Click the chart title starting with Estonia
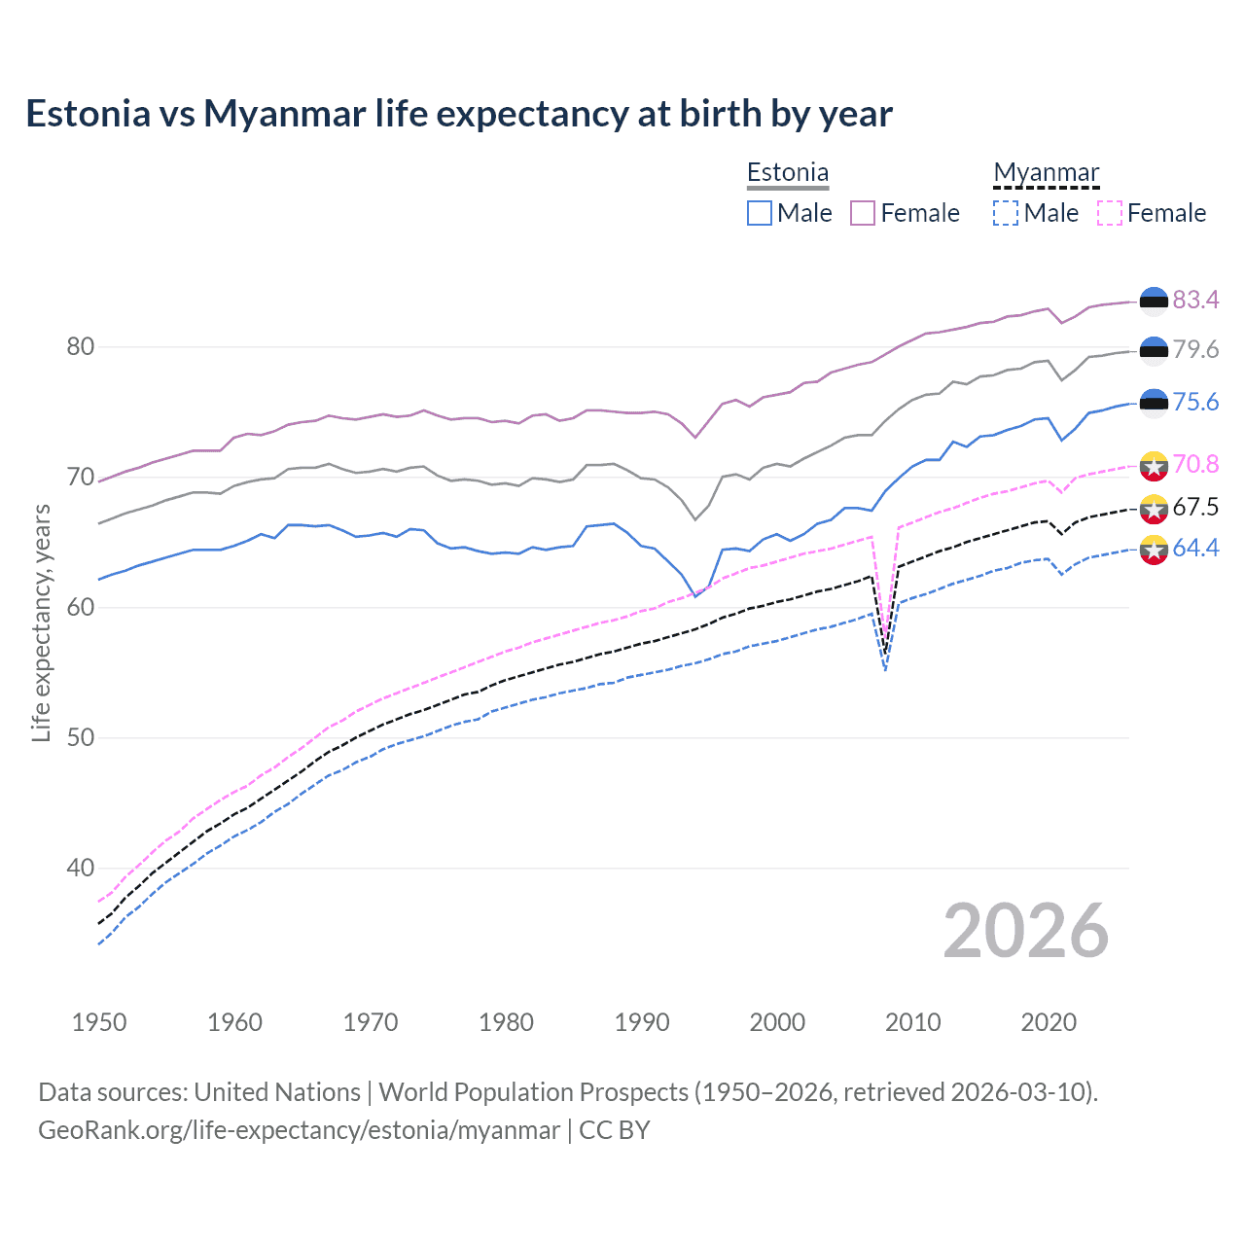(458, 114)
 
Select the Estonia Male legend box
(760, 213)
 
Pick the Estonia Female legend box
(863, 213)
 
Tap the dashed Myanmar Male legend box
(1006, 213)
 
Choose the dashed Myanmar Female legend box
(1110, 213)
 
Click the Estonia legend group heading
(788, 173)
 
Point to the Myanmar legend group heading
(1046, 173)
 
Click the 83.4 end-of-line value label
(1195, 300)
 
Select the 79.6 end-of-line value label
(1195, 349)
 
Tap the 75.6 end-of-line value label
(1195, 402)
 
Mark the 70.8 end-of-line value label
(1195, 464)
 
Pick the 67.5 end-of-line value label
(1195, 507)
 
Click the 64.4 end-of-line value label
(1195, 549)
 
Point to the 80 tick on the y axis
(80, 347)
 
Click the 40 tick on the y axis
(80, 868)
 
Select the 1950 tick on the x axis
(99, 1022)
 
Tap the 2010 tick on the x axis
(912, 1022)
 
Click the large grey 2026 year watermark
(1025, 931)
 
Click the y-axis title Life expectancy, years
(41, 622)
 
